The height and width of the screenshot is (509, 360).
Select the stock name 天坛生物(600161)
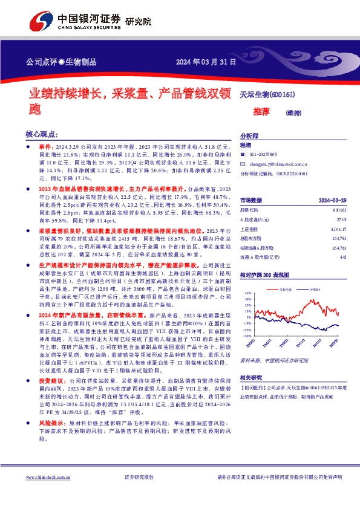coord(267,95)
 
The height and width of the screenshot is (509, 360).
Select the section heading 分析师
coord(249,136)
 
